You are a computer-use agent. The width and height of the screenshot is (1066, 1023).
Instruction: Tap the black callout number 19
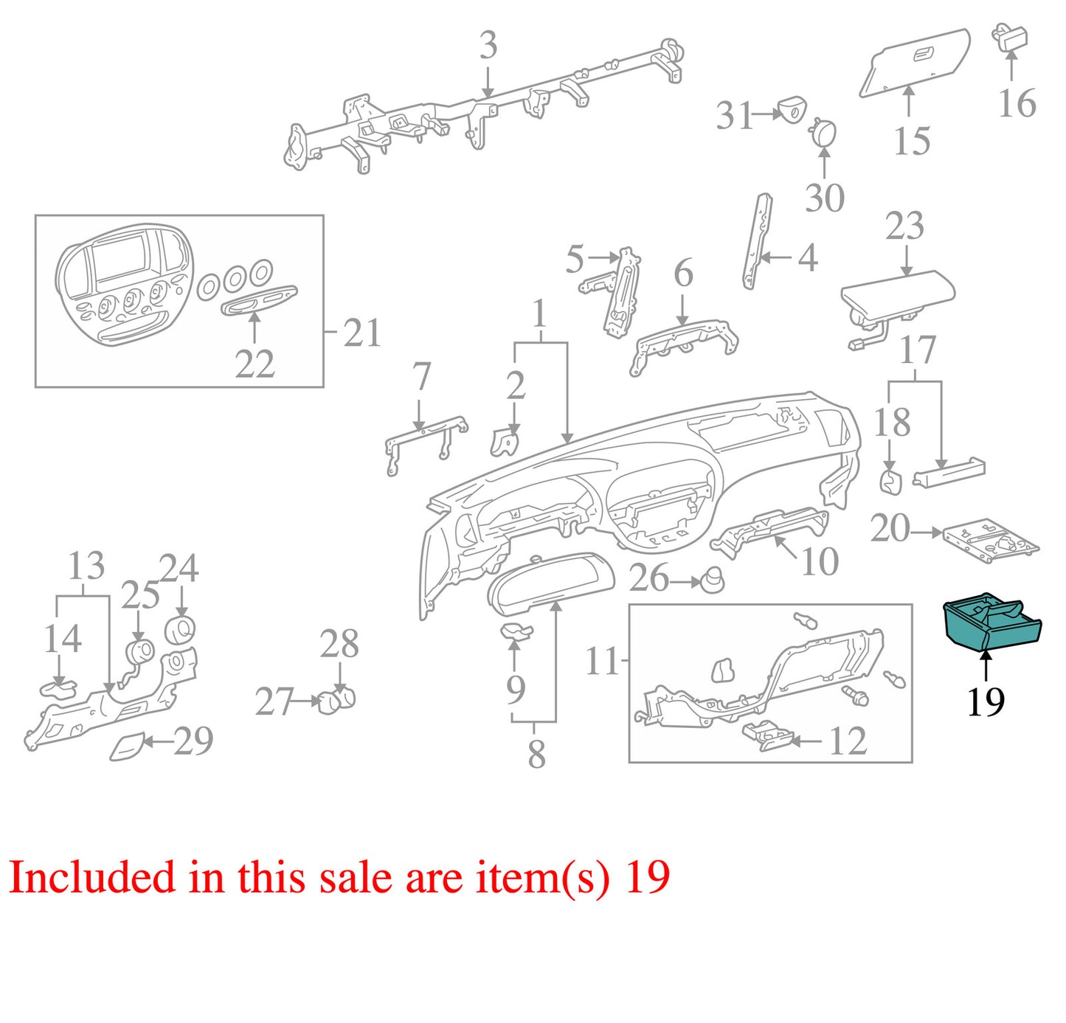pyautogui.click(x=986, y=701)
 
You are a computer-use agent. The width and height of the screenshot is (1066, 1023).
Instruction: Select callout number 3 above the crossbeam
pyautogui.click(x=488, y=46)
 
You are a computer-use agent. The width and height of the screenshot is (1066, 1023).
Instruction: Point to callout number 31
pyautogui.click(x=735, y=117)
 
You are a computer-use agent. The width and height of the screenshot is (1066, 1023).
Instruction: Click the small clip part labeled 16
pyautogui.click(x=1010, y=36)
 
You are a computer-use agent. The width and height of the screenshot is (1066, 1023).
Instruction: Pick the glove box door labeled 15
pyautogui.click(x=914, y=62)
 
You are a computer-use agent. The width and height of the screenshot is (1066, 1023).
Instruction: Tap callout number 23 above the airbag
pyautogui.click(x=904, y=226)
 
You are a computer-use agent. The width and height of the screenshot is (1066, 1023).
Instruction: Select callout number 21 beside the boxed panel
pyautogui.click(x=361, y=333)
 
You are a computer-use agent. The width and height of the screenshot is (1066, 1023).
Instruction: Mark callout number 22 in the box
pyautogui.click(x=255, y=364)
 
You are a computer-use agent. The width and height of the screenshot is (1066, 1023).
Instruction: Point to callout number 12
pyautogui.click(x=848, y=741)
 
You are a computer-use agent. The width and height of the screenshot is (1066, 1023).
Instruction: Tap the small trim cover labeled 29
pyautogui.click(x=128, y=746)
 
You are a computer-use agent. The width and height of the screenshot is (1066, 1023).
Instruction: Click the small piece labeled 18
pyautogui.click(x=890, y=482)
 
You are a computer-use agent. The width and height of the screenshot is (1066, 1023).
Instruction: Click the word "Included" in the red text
pyautogui.click(x=91, y=877)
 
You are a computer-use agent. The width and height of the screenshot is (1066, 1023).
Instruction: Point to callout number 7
pyautogui.click(x=421, y=378)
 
